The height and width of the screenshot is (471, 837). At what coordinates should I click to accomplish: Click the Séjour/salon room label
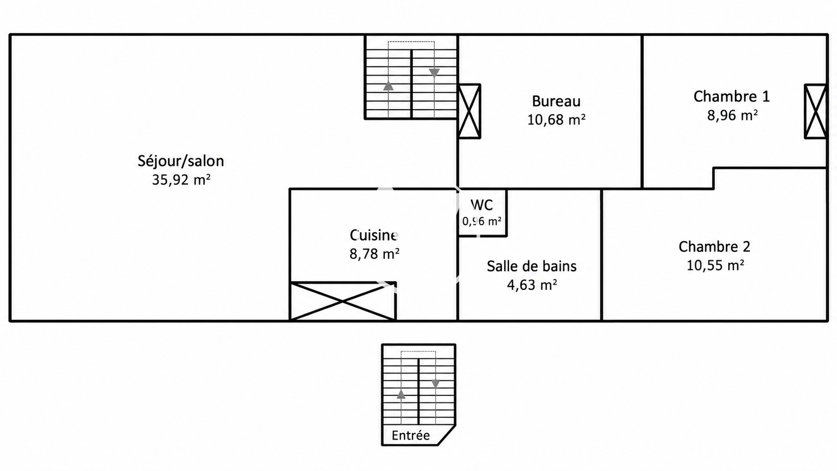(x=181, y=161)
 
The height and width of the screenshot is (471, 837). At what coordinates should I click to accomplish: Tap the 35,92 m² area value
(x=181, y=180)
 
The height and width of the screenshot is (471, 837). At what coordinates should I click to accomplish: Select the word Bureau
(x=556, y=101)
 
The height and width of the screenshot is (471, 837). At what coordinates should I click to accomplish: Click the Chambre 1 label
(x=732, y=97)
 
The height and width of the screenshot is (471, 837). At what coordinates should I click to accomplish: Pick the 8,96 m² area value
(x=732, y=115)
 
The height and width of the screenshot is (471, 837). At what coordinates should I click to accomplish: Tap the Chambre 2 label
(x=714, y=247)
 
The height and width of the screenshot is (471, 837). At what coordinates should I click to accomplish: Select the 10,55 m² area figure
(x=715, y=266)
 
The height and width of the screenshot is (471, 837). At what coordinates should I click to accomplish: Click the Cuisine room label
(x=373, y=235)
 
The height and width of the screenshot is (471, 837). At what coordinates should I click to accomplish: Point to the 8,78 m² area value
(x=374, y=254)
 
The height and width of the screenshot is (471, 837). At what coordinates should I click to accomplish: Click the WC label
(x=482, y=205)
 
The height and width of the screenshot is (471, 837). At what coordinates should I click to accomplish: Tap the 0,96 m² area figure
(x=482, y=222)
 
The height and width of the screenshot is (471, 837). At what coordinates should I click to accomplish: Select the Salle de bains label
(x=531, y=266)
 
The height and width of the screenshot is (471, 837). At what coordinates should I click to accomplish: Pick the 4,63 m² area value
(x=532, y=285)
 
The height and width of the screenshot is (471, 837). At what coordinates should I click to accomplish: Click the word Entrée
(x=410, y=435)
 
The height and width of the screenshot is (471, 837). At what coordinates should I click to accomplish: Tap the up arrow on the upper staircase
(x=388, y=86)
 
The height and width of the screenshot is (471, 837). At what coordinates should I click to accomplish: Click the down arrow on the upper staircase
(x=434, y=73)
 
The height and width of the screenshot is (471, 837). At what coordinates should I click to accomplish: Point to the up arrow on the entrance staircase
(x=401, y=394)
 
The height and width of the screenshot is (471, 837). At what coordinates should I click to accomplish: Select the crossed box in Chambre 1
(x=815, y=111)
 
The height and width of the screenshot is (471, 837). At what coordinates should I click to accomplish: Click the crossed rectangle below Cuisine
(x=343, y=301)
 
